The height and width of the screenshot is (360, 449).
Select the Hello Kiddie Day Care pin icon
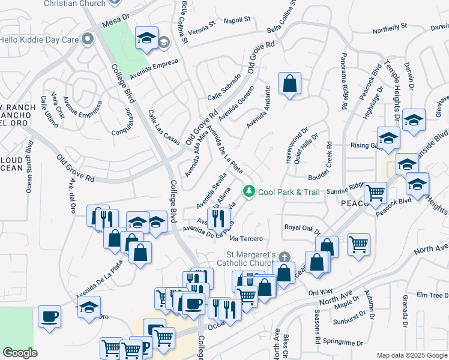[x=88, y=40]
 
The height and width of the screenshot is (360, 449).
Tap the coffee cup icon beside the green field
[x=49, y=316]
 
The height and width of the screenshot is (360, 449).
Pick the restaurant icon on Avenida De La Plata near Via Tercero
[x=218, y=218]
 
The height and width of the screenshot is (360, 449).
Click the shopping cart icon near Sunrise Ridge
[x=375, y=193]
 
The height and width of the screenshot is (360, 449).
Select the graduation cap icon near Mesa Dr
[x=146, y=38]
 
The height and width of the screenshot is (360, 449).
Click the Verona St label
[x=201, y=28]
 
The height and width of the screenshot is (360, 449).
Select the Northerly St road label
[x=390, y=28]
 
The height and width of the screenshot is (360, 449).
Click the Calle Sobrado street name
[x=224, y=88]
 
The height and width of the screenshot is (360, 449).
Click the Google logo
[x=20, y=353]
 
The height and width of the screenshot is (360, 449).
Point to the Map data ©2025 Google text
[x=412, y=355]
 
